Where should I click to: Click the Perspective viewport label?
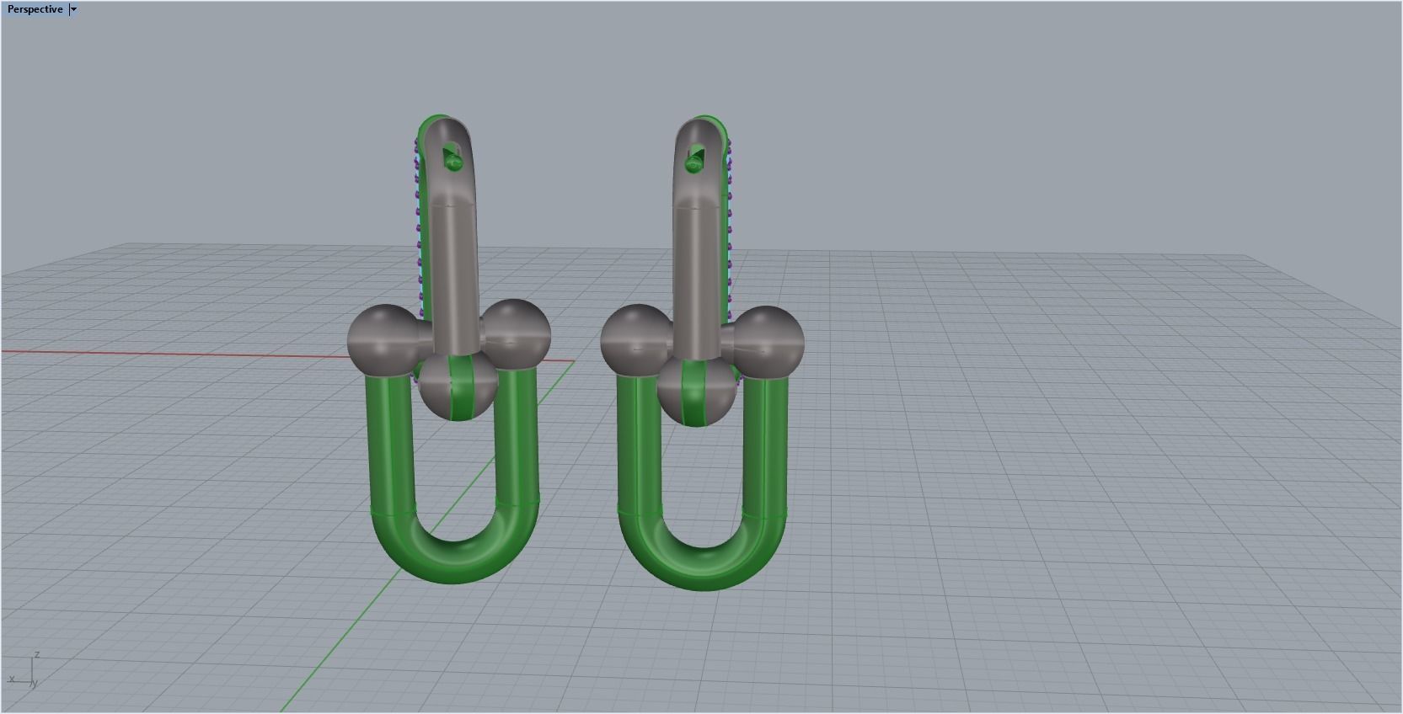35,9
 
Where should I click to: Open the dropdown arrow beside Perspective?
73,9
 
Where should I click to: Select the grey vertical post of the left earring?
455,269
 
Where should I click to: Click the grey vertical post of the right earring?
699,269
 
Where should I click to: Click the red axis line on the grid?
169,353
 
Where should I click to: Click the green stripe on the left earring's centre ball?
460,388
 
